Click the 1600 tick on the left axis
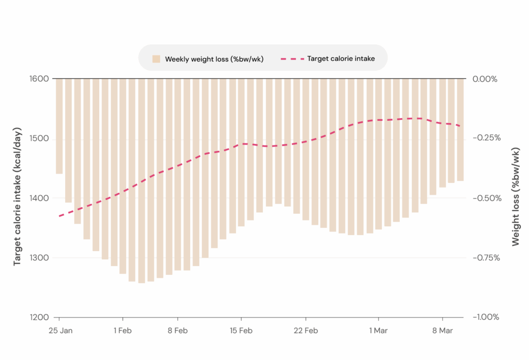(39, 79)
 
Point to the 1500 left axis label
(39, 138)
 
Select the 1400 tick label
(39, 198)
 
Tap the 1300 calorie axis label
(39, 258)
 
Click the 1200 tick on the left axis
(39, 317)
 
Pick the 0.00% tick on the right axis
(485, 79)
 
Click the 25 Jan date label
(59, 331)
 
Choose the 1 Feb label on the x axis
(123, 331)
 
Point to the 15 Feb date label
(241, 331)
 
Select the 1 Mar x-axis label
(378, 331)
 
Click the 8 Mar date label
(442, 331)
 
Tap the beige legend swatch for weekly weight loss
(156, 59)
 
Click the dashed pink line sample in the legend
(291, 59)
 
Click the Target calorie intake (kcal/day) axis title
(18, 196)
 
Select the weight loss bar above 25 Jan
(59, 127)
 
